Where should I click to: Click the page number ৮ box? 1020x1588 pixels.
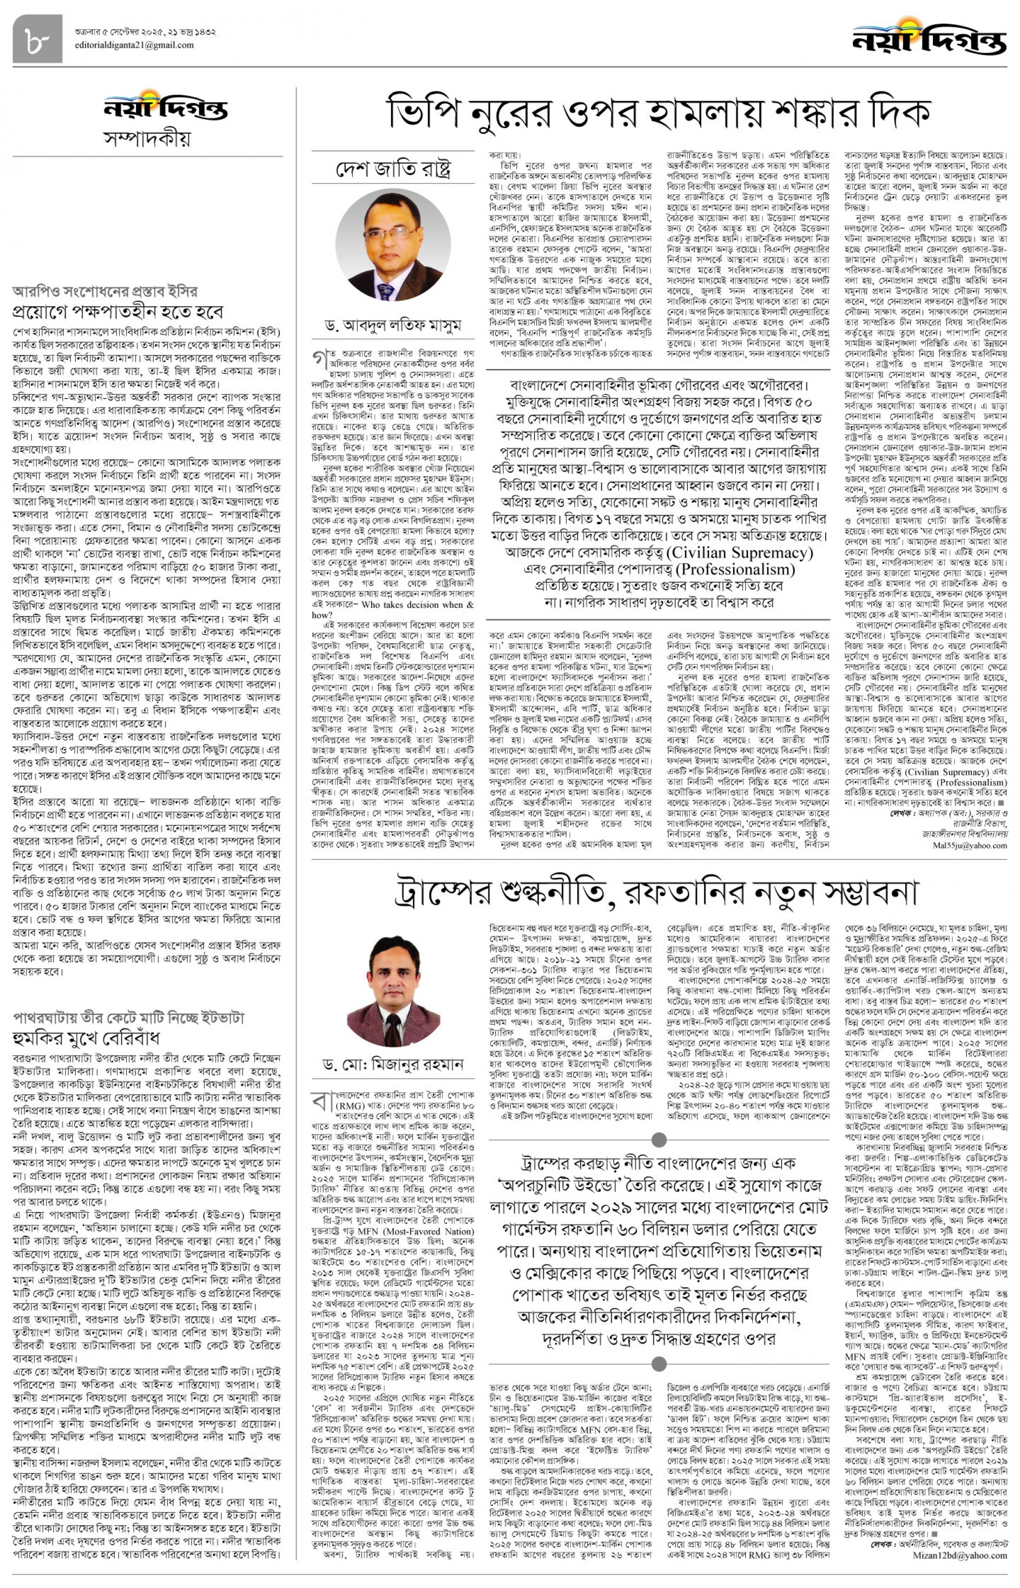(37, 39)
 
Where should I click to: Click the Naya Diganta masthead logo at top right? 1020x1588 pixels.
(929, 39)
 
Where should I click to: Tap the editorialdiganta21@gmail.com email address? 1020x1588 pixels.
(134, 45)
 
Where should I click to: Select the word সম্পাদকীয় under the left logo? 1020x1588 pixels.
(147, 139)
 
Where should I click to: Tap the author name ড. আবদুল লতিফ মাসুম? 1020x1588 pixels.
(393, 325)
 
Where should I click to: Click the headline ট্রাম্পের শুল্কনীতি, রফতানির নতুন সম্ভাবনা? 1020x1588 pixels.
(656, 892)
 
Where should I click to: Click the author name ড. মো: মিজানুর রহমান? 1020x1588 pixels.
(393, 1065)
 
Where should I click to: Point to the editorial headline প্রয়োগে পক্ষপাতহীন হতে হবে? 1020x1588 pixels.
(118, 311)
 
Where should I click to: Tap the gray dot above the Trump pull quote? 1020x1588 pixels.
(659, 1139)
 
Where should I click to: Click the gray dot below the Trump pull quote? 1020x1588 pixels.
(659, 1363)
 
